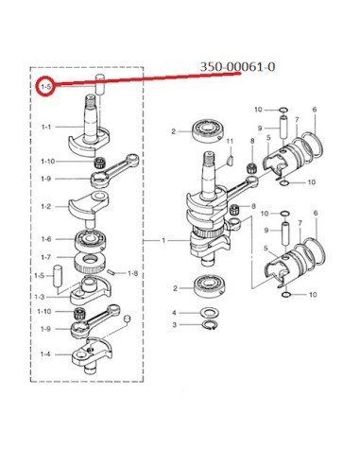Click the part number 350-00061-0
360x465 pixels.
tap(237, 67)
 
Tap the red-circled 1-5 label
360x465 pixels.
tap(45, 86)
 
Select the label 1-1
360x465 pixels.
tap(46, 127)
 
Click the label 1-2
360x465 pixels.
tap(46, 207)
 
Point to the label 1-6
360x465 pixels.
tap(46, 239)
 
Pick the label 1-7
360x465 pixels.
tap(46, 257)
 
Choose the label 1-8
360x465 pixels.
tap(133, 273)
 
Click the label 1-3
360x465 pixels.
tap(39, 297)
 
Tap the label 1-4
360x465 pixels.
tap(45, 354)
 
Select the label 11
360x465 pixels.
tap(230, 141)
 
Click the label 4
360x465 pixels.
tap(174, 313)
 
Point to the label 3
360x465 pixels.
tap(174, 325)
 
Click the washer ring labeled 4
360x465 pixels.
tap(210, 314)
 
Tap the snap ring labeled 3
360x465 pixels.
tap(209, 325)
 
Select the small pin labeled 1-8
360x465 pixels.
tap(111, 271)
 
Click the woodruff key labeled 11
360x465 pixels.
tap(231, 160)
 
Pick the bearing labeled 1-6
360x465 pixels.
tap(91, 240)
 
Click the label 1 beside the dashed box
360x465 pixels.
tap(163, 240)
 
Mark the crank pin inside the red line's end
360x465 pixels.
tap(100, 84)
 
